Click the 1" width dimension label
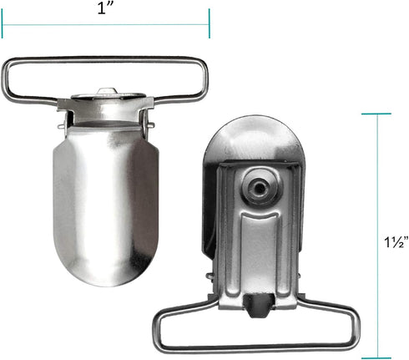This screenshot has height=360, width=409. coord(104,8)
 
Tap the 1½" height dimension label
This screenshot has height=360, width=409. coord(396,241)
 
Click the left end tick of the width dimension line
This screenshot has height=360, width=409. coord(2,23)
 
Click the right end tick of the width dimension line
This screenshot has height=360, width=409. coord(209,23)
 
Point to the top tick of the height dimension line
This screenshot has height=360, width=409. coord(376,114)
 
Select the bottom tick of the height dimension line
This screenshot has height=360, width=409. coord(376,358)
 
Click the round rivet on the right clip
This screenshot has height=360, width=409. coord(260,187)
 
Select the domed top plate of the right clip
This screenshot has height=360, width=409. coord(254,139)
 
